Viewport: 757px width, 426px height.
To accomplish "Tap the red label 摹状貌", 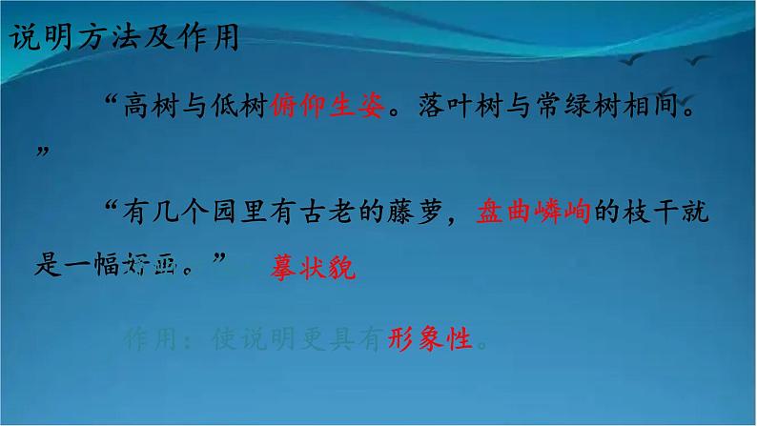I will pos(313,270).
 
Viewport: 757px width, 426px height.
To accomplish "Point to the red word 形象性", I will pos(431,337).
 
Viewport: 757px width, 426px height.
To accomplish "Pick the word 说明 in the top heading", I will pos(36,36).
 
